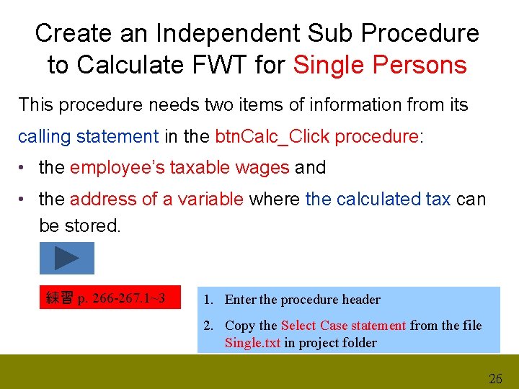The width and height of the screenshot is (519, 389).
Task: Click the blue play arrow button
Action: pos(66,258)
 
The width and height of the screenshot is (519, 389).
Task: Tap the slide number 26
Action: pos(495,378)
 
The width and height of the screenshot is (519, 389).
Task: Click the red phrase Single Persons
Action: pos(380,65)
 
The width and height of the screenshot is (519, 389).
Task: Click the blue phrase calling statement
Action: pos(88,136)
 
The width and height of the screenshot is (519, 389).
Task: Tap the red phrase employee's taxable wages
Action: pos(179,168)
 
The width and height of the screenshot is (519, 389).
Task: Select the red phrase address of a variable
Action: pos(156,200)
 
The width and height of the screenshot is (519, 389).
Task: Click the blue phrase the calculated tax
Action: pos(378,200)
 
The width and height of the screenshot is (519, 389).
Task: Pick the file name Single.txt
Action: pos(252,343)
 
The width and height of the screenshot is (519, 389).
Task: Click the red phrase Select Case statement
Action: pos(343,326)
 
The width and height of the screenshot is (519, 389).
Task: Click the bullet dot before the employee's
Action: pos(25,168)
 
